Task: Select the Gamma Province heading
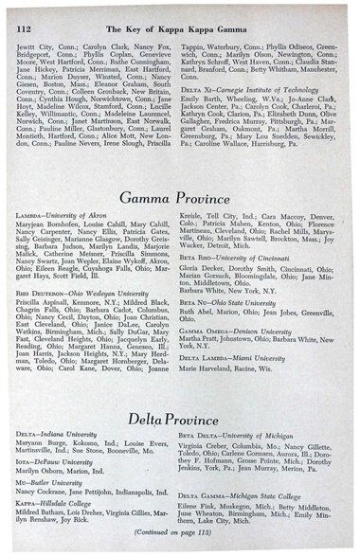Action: click(x=180, y=196)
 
